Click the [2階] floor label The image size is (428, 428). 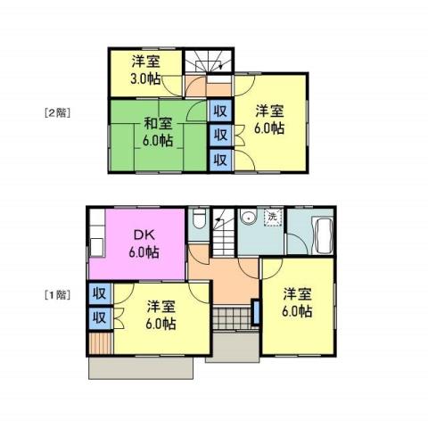point(57,113)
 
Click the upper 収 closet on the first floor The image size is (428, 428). point(99,293)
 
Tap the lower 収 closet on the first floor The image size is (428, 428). point(99,317)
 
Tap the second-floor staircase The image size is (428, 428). point(207,63)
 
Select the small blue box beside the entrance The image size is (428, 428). point(257,313)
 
